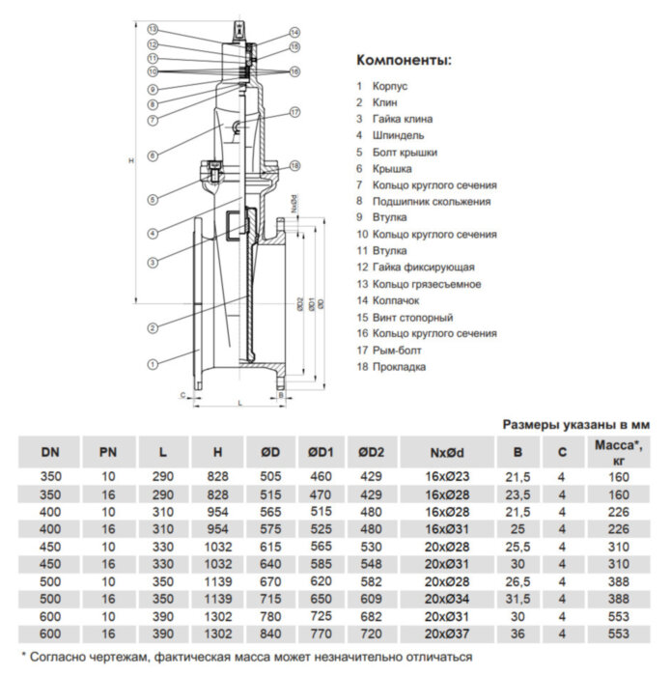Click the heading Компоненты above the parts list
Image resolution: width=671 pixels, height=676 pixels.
pos(404,60)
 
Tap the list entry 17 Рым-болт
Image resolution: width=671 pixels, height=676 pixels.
pos(396,350)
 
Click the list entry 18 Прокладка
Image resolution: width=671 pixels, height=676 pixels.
pos(398,366)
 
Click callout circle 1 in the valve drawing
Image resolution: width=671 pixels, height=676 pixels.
pos(153,364)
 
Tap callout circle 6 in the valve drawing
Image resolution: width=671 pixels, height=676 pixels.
pos(153,155)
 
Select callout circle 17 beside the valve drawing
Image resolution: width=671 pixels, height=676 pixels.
pos(294,113)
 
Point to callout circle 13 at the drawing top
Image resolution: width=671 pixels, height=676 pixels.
pos(153,31)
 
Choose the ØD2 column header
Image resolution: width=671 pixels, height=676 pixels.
pos(370,451)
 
